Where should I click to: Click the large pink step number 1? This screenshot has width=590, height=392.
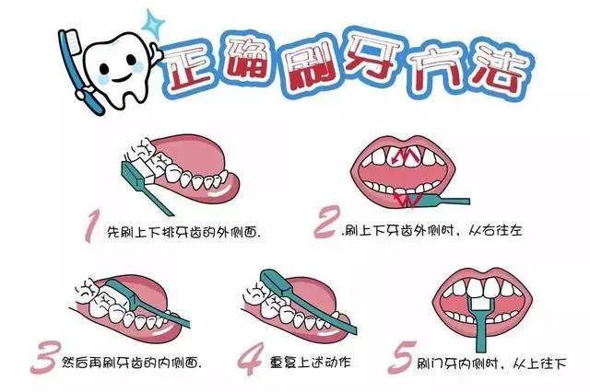[91, 226]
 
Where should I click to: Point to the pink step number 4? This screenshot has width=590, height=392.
[250, 359]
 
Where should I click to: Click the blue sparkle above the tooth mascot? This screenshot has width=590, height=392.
[154, 23]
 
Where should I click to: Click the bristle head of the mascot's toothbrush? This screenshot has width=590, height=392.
[74, 40]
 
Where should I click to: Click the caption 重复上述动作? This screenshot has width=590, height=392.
[311, 363]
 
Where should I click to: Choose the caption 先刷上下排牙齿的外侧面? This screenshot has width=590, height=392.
[184, 233]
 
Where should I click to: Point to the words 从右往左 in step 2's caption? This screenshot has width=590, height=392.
[495, 230]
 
